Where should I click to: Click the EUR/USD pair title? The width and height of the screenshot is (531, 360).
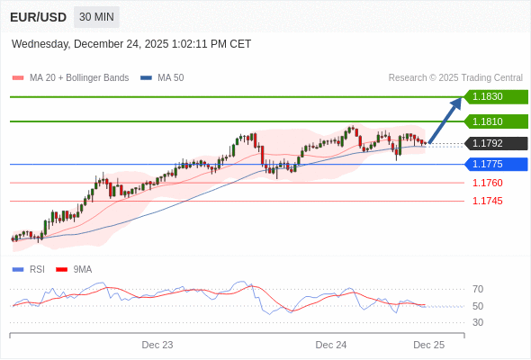click(x=37, y=17)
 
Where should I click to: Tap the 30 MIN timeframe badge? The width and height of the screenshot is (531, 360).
click(x=96, y=17)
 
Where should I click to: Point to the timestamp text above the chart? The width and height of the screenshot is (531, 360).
click(x=131, y=44)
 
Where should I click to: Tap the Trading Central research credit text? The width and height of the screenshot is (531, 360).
click(x=455, y=77)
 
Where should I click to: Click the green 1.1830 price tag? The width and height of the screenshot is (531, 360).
click(x=496, y=96)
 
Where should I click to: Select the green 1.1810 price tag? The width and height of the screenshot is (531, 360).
click(x=496, y=121)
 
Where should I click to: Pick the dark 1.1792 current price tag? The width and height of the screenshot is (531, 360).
click(x=496, y=143)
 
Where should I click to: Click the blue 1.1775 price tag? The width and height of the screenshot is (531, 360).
click(x=496, y=164)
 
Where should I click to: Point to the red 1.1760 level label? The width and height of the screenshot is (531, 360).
click(x=487, y=183)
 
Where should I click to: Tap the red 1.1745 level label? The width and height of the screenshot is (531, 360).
click(x=487, y=201)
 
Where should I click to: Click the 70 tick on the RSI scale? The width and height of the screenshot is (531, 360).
click(x=478, y=289)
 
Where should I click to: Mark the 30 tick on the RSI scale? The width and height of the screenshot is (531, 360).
click(x=478, y=322)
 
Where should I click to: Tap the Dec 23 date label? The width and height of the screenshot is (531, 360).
click(x=157, y=345)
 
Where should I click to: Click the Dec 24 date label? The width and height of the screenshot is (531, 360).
click(x=331, y=345)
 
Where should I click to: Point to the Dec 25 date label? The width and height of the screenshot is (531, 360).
click(x=429, y=345)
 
